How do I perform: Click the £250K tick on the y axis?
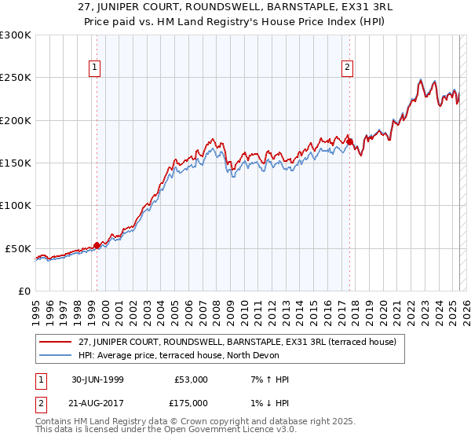click(16, 78)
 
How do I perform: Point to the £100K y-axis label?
click(16, 205)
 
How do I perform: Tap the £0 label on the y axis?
click(24, 291)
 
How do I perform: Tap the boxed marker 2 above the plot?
click(347, 68)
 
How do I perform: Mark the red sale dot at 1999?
click(97, 245)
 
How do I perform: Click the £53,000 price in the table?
click(191, 379)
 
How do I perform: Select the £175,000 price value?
click(191, 403)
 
